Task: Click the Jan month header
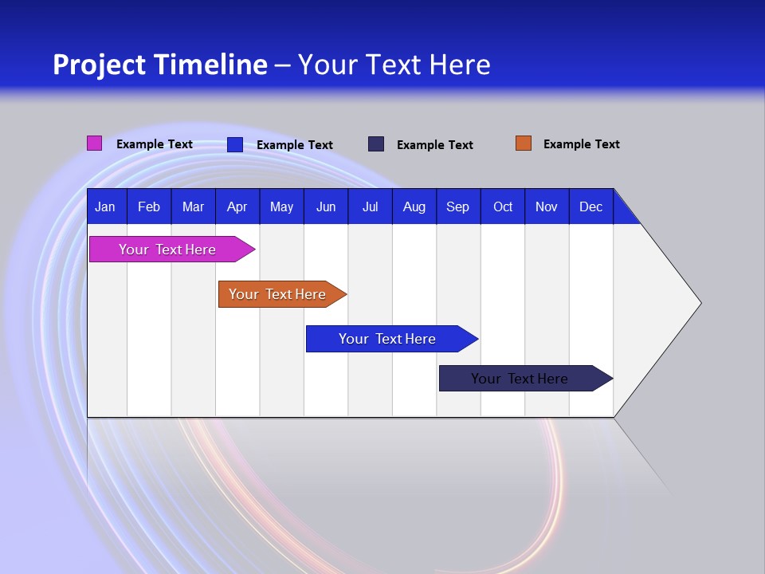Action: [105, 207]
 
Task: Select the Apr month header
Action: [237, 207]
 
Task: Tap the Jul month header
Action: [370, 207]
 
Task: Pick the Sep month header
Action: [457, 207]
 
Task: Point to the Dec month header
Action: [590, 207]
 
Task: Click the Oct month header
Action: [503, 207]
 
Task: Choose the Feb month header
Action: [149, 207]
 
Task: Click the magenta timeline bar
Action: [167, 250]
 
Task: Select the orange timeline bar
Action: [277, 294]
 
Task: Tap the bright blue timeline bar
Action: [387, 339]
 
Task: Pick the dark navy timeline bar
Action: [520, 379]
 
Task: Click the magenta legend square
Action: [94, 143]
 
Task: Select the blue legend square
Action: [234, 144]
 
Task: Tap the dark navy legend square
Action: [376, 144]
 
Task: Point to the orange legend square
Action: [523, 143]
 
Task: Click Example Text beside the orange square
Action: [581, 144]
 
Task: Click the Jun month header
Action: [326, 207]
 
